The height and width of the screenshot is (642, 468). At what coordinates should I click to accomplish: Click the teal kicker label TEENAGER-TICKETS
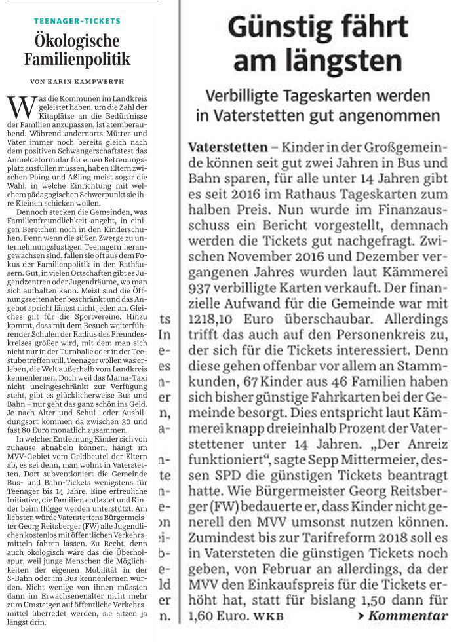77,21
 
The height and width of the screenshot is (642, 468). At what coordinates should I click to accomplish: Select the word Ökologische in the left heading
77,41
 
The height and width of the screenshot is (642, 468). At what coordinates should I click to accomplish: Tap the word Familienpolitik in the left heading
77,60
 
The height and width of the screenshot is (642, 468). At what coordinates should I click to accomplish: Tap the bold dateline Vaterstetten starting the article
227,147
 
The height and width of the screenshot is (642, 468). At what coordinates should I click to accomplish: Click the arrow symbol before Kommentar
361,616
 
